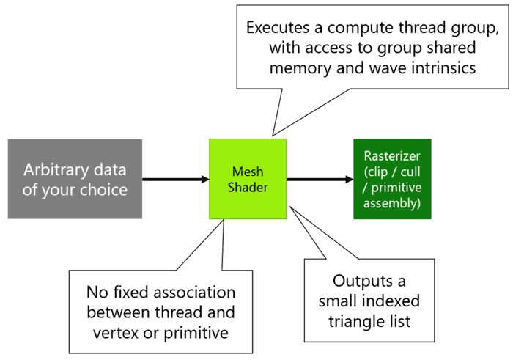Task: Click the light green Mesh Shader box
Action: (x=248, y=179)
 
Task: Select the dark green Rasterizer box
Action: (x=392, y=179)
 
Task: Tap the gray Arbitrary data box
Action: (x=75, y=179)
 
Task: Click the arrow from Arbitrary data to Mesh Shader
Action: (x=176, y=179)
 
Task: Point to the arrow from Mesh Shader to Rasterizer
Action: (x=320, y=179)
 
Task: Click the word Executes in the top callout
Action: (x=278, y=27)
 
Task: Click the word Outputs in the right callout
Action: (x=358, y=282)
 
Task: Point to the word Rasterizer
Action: (x=392, y=155)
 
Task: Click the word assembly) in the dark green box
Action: (x=392, y=204)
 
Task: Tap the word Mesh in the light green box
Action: (x=248, y=172)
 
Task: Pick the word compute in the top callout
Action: (x=358, y=28)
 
